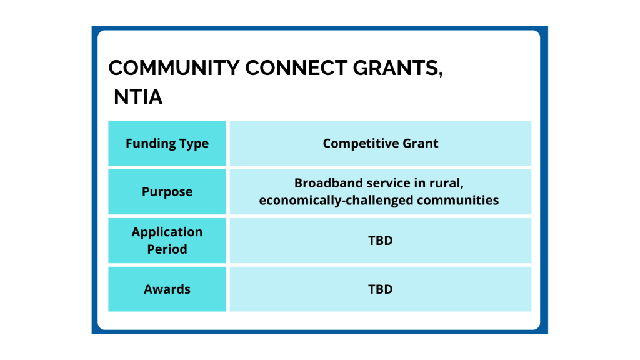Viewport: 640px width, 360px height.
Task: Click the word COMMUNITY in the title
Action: tap(174, 67)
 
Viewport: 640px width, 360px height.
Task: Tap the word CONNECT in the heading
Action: tap(296, 67)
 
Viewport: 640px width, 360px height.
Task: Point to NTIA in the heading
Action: tap(138, 97)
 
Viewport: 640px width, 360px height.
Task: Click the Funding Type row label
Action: tap(167, 143)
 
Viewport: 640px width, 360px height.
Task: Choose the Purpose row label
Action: tap(167, 191)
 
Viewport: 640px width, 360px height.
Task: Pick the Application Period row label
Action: tap(167, 241)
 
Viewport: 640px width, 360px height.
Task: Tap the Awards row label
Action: tap(167, 289)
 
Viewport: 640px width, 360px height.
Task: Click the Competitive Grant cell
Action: tap(381, 143)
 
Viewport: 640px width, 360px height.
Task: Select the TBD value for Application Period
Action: tap(381, 241)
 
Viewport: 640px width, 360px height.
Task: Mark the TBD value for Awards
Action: tap(381, 289)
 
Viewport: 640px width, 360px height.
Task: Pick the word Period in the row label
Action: tap(167, 249)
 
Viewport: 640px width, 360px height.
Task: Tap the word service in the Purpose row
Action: tap(388, 183)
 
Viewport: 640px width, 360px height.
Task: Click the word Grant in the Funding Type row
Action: tap(421, 143)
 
